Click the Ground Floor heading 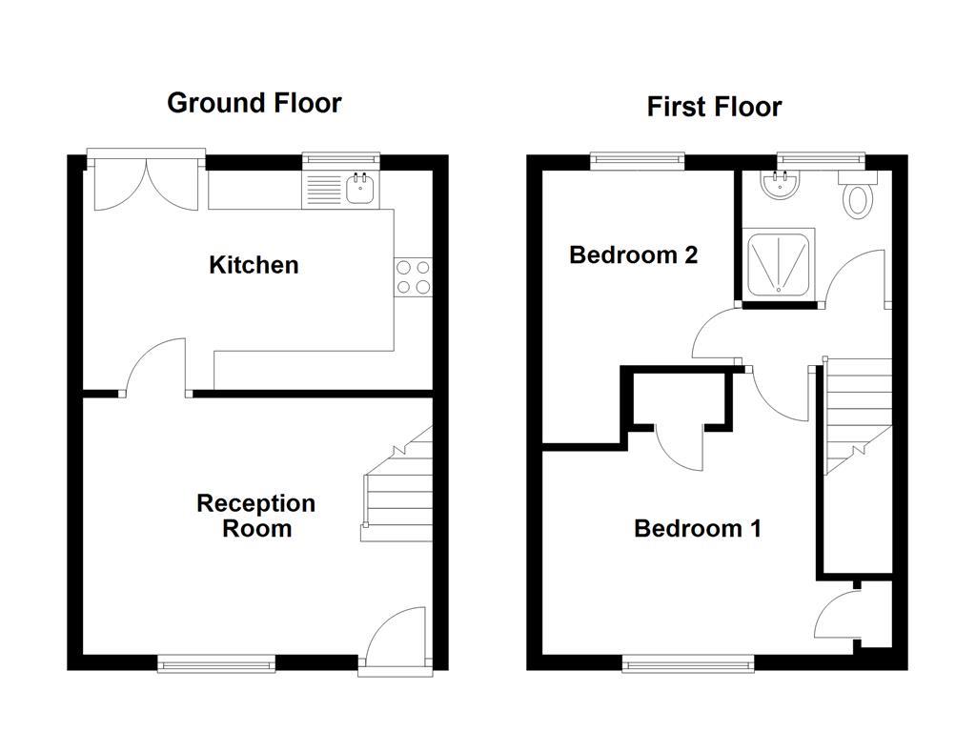click(x=254, y=103)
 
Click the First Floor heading click(x=714, y=107)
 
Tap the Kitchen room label click(x=254, y=265)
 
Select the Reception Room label click(x=255, y=516)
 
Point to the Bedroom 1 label click(x=697, y=528)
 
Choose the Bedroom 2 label click(x=633, y=255)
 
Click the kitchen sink click(x=360, y=190)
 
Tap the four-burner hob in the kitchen click(x=413, y=276)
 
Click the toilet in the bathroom click(x=860, y=199)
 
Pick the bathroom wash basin click(x=782, y=185)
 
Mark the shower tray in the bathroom click(x=780, y=262)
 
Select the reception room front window click(x=216, y=663)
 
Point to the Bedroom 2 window click(x=637, y=160)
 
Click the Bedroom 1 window click(x=689, y=663)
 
